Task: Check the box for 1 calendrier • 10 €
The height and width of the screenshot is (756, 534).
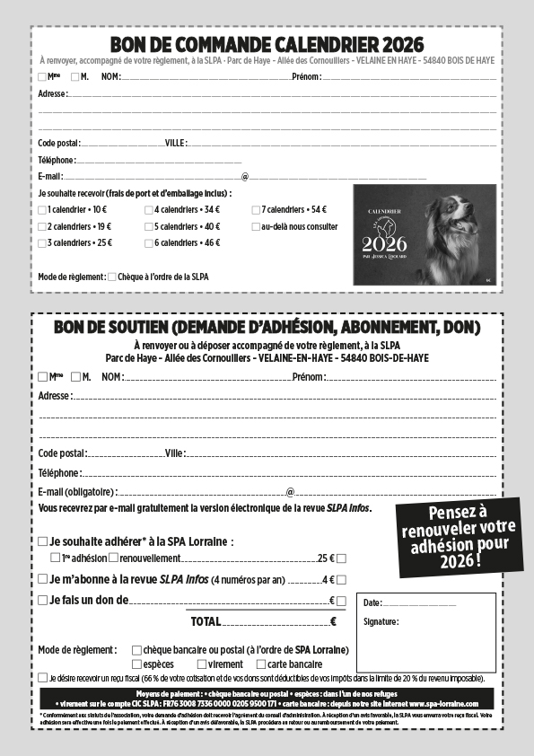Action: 42,209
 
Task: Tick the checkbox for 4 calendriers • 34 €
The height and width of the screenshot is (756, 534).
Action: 149,209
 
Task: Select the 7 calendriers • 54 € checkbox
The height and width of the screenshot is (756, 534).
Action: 256,209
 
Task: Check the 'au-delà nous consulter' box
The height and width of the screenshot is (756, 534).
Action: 256,226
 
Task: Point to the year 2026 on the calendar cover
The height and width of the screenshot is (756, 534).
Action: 384,243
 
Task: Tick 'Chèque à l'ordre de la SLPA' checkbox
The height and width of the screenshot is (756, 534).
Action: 112,277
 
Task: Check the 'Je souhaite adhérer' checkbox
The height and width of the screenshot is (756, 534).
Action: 43,541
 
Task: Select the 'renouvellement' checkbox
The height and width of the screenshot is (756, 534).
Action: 113,558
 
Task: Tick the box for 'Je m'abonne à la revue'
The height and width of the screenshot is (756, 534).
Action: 43,579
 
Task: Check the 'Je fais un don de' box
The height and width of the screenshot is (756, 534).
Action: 43,600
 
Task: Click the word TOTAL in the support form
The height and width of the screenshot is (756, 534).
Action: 205,621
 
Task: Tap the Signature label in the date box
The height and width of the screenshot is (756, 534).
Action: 381,621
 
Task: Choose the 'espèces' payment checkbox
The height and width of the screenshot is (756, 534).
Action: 136,664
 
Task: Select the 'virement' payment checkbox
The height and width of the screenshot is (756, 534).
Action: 200,664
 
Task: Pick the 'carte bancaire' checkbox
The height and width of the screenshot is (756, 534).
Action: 261,664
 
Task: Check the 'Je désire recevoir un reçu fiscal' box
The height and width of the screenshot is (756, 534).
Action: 43,678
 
